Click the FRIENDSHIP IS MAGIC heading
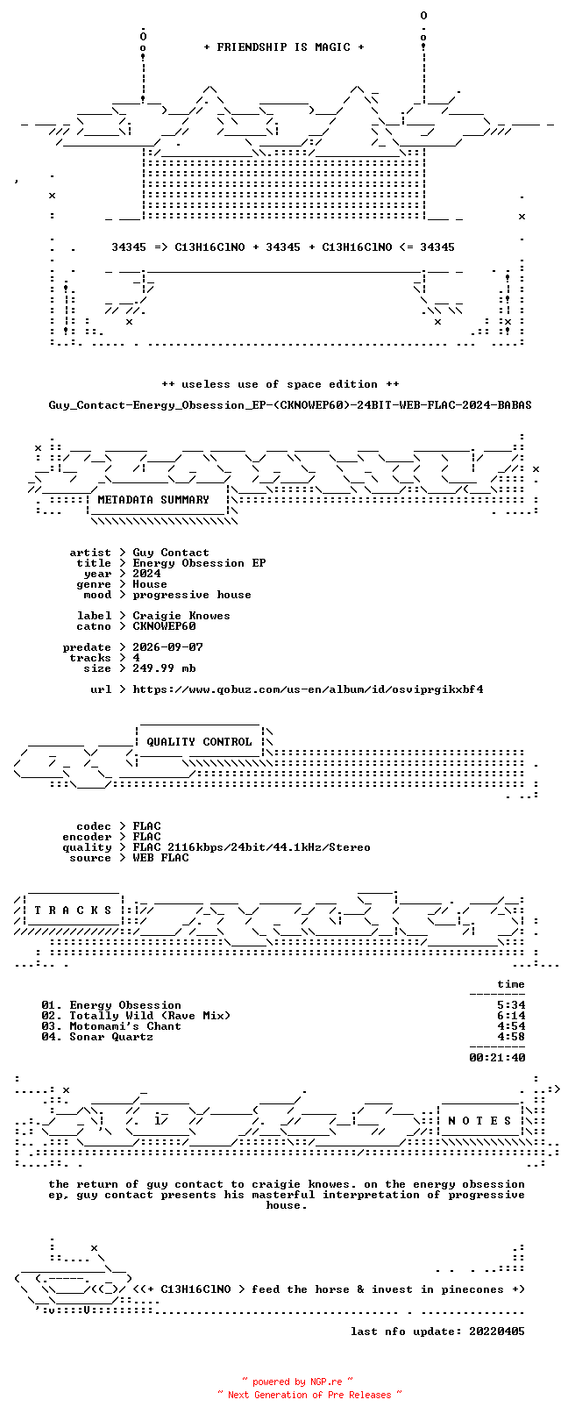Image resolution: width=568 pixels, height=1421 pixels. point(283,47)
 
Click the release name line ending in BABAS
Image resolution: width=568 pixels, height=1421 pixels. point(290,404)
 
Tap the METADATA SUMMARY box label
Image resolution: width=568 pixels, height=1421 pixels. point(153,500)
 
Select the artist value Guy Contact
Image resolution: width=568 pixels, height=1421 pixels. point(171,553)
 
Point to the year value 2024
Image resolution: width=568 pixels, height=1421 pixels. point(146,574)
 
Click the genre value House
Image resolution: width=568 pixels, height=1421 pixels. point(150,584)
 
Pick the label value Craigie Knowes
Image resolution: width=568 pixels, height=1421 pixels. point(181,616)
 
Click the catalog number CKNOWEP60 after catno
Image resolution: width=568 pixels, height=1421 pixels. point(164,626)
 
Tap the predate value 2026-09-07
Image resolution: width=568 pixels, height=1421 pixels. point(167,647)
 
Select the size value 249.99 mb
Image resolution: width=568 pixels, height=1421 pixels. point(164,668)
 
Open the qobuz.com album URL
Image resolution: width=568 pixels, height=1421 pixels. point(308,689)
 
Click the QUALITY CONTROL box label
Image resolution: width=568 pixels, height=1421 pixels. point(199,741)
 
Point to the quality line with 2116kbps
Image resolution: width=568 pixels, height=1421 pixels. point(252,846)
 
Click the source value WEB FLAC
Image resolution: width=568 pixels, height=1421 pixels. point(160,858)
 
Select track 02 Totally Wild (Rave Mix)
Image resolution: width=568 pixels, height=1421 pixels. point(136,1016)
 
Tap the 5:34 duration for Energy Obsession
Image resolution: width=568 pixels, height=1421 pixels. point(512,1005)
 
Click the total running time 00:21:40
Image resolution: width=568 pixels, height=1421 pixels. point(498,1058)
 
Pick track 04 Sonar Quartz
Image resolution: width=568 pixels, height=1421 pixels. point(97,1037)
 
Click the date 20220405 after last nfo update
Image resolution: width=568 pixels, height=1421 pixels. point(497,1332)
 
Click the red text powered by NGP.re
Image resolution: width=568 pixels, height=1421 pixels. point(297,1382)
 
